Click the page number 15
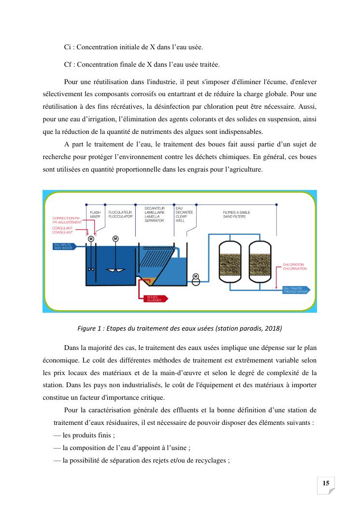(326, 483)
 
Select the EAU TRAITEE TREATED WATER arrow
(296, 290)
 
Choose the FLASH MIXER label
(95, 215)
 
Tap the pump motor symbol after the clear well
(196, 276)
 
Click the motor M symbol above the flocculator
(115, 238)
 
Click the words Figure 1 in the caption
(90, 329)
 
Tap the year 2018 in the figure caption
(271, 329)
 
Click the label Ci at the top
(68, 47)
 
